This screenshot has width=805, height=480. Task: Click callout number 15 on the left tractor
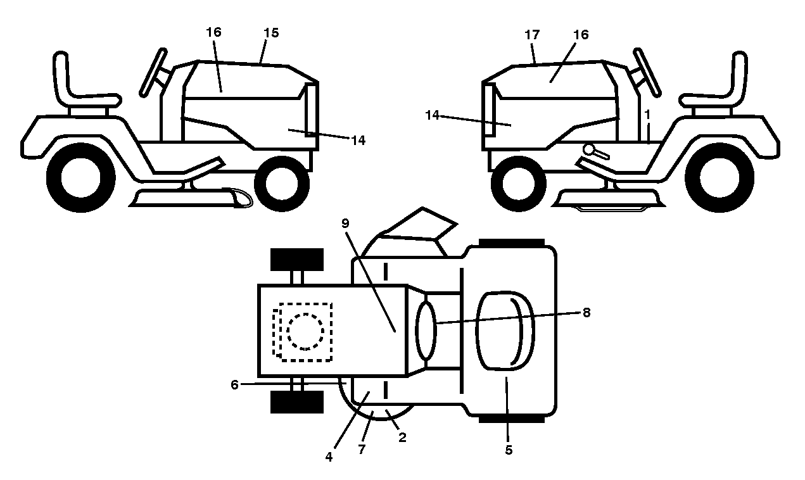(x=271, y=33)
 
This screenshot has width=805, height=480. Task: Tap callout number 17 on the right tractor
(x=532, y=35)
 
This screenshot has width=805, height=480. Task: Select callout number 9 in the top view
(x=345, y=224)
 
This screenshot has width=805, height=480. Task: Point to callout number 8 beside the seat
(x=586, y=313)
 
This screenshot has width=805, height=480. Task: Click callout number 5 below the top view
(x=509, y=450)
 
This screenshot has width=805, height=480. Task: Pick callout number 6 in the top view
(x=234, y=385)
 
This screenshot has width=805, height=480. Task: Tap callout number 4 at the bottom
(x=329, y=457)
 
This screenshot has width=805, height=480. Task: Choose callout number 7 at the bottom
(x=362, y=449)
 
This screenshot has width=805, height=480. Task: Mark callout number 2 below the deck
(x=403, y=437)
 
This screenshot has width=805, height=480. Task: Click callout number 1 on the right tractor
(x=647, y=115)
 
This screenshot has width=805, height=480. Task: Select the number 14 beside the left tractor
(x=358, y=141)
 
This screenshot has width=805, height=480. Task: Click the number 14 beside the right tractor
(x=433, y=115)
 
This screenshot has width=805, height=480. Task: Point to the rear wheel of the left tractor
(x=81, y=177)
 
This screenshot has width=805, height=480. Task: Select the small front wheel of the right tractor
(x=519, y=184)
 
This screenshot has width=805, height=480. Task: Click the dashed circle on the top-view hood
(x=305, y=331)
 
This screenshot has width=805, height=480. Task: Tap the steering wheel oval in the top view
(x=426, y=331)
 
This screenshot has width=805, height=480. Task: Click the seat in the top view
(x=505, y=331)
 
